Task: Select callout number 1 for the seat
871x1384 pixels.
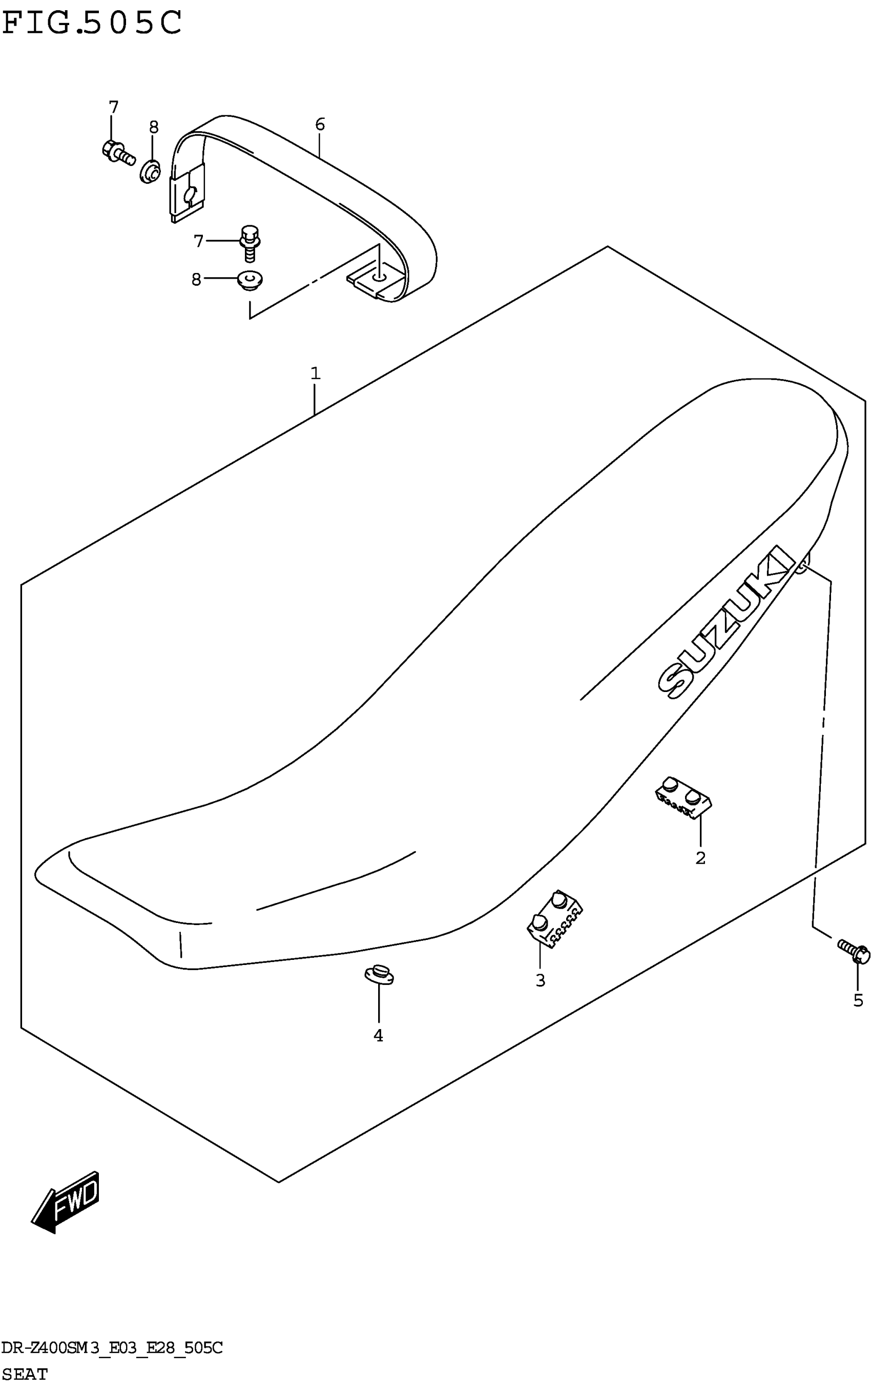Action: point(315,373)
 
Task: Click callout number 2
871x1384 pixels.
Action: point(700,858)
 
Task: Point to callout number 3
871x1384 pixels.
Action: point(540,980)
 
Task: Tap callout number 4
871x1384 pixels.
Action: point(378,1036)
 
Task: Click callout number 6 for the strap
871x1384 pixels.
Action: point(320,124)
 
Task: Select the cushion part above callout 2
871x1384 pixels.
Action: point(683,797)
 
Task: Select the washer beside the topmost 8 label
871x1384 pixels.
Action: point(151,171)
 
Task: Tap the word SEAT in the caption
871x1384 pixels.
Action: point(25,1374)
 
